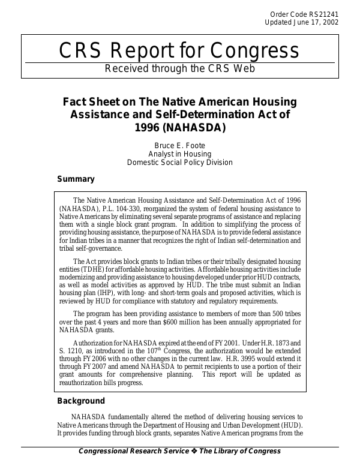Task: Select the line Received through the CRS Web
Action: click(179, 68)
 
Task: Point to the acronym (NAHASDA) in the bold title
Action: click(199, 127)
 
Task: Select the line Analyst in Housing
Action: click(179, 154)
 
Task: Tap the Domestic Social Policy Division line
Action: click(179, 163)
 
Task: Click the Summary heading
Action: click(76, 179)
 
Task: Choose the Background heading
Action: click(81, 401)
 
